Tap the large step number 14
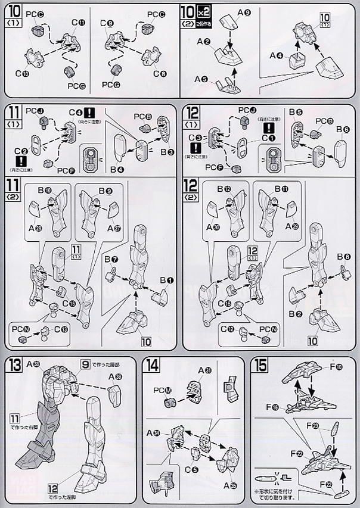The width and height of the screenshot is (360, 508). point(152,366)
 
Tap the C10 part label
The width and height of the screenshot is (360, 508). point(22,73)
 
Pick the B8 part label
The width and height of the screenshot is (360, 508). point(347,257)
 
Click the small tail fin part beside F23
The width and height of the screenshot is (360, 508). point(335,431)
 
